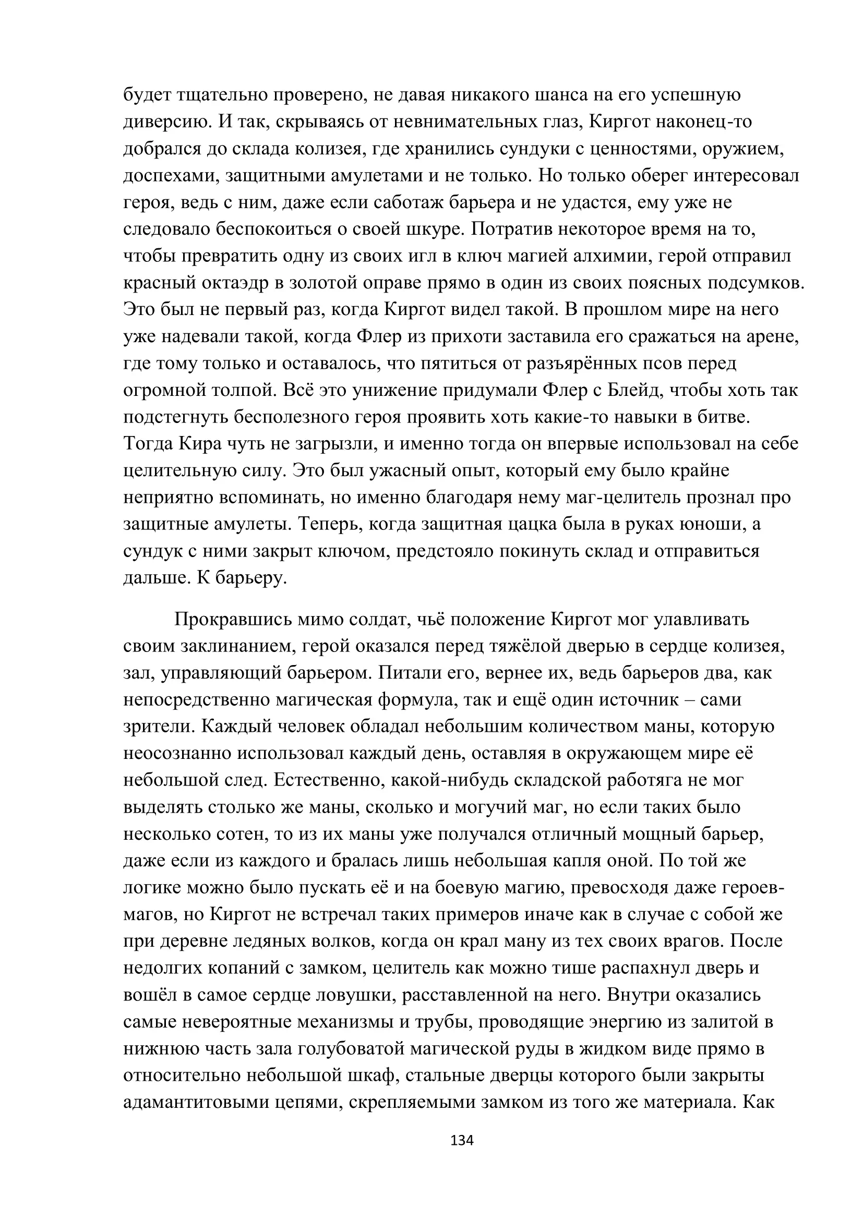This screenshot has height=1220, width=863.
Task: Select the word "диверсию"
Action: pos(167,122)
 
